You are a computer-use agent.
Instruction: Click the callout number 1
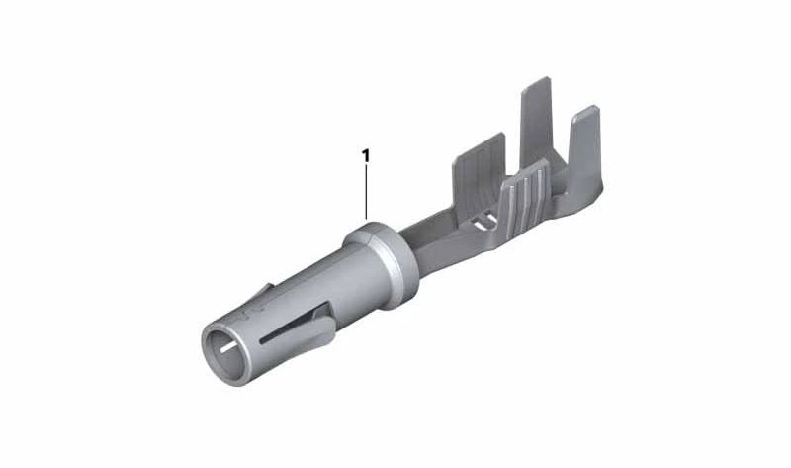click(366, 156)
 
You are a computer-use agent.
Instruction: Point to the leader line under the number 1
click(366, 192)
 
